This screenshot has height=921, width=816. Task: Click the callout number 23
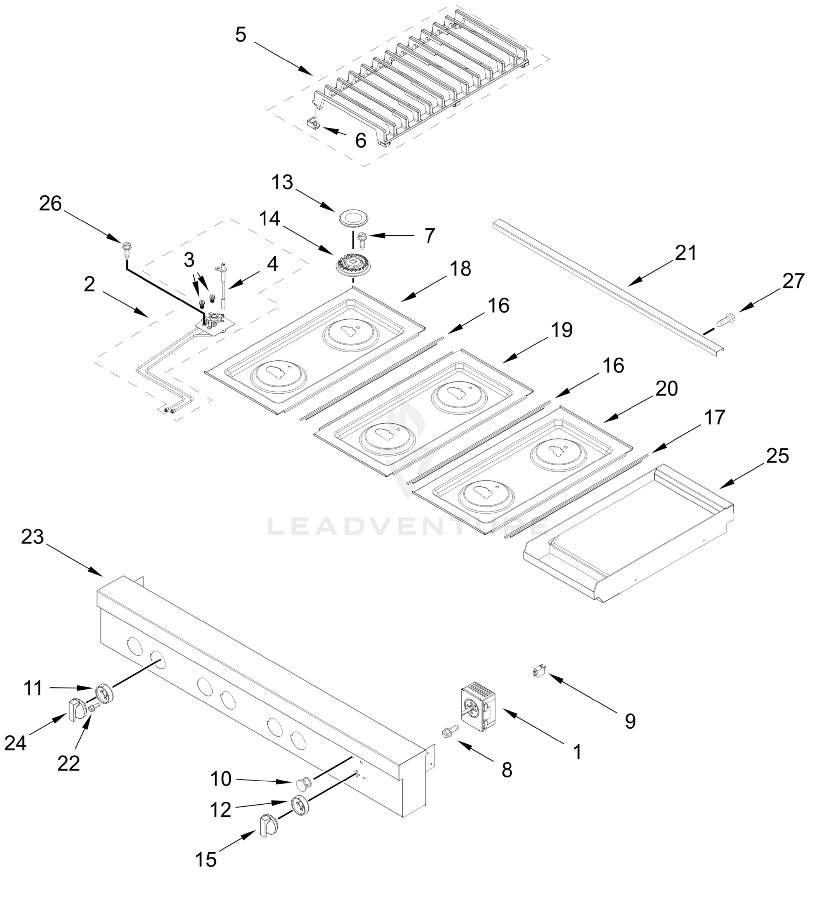(33, 536)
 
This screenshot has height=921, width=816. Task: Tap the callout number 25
(778, 456)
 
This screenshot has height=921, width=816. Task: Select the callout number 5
(241, 35)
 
